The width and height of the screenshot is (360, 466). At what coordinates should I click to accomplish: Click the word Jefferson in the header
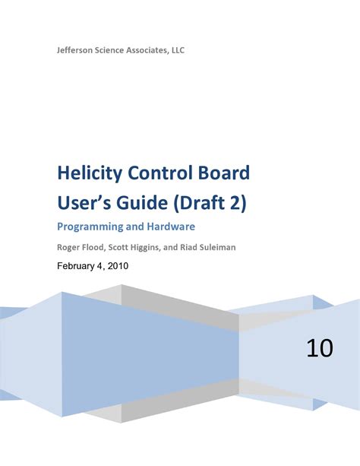[77, 50]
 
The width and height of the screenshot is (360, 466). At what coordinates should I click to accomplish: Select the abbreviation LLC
[175, 50]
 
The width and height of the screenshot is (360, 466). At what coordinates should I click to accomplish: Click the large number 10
[320, 349]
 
